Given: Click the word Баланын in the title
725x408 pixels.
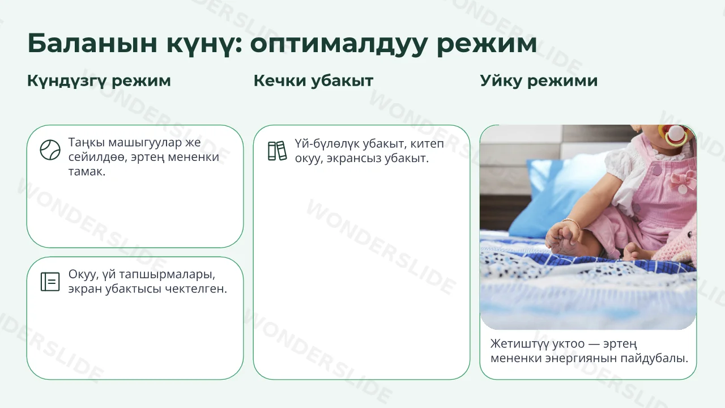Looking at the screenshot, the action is [x=92, y=43].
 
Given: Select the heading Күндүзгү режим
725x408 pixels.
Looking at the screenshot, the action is [x=99, y=81].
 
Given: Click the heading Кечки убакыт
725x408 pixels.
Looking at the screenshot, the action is [x=313, y=80].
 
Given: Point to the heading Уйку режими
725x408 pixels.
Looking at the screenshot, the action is [x=539, y=81].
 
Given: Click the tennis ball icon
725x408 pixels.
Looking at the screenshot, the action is [x=50, y=150].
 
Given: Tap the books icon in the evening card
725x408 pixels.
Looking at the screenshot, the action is [x=278, y=151].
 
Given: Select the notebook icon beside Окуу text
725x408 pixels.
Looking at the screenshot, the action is [x=50, y=282].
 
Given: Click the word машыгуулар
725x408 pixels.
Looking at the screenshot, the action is [x=145, y=143].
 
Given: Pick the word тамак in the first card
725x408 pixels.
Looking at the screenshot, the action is [x=87, y=171].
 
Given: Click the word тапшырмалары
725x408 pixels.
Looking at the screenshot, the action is [x=167, y=275].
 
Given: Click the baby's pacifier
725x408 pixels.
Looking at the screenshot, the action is [x=674, y=136].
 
